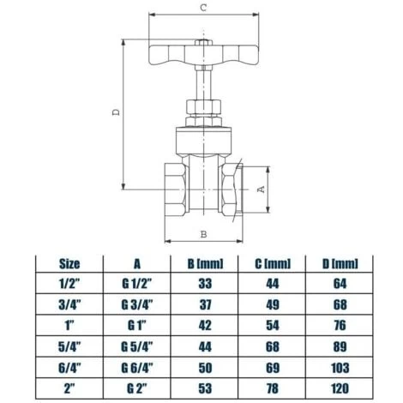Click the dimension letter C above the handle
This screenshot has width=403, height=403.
point(202,8)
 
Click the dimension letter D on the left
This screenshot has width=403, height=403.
point(117,111)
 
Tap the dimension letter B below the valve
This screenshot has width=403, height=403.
point(203,233)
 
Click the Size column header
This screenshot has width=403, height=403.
point(69,263)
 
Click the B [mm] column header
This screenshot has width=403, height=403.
point(204,263)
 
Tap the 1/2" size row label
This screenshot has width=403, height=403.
point(69,283)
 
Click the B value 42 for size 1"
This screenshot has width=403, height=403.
point(204,325)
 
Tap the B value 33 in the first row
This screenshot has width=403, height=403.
point(204,283)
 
